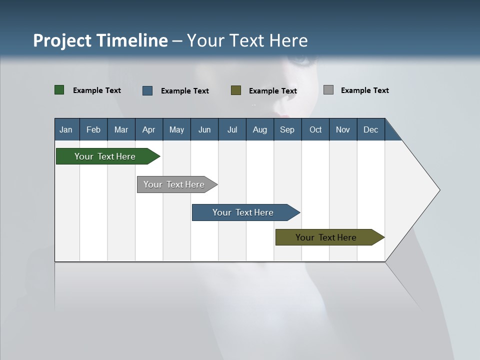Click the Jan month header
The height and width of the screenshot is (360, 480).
pos(66,129)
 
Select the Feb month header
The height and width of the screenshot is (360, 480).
pos(93,129)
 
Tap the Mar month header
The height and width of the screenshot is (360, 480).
pos(121,129)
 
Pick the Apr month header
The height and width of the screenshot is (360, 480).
pos(149,129)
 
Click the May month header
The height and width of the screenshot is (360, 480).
pos(176,129)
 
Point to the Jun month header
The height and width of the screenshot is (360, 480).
pos(204,129)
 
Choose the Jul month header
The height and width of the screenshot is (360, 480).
pos(232,129)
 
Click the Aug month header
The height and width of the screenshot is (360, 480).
pos(260,129)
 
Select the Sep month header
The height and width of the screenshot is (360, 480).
pos(287,129)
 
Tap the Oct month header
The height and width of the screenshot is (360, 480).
pos(315,129)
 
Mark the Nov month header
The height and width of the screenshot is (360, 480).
pos(343,129)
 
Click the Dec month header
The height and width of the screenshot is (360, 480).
pos(371,129)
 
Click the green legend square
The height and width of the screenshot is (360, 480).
pos(59,90)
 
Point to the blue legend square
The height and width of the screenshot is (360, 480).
pos(147,90)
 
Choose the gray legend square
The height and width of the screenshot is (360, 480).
pos(328,90)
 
